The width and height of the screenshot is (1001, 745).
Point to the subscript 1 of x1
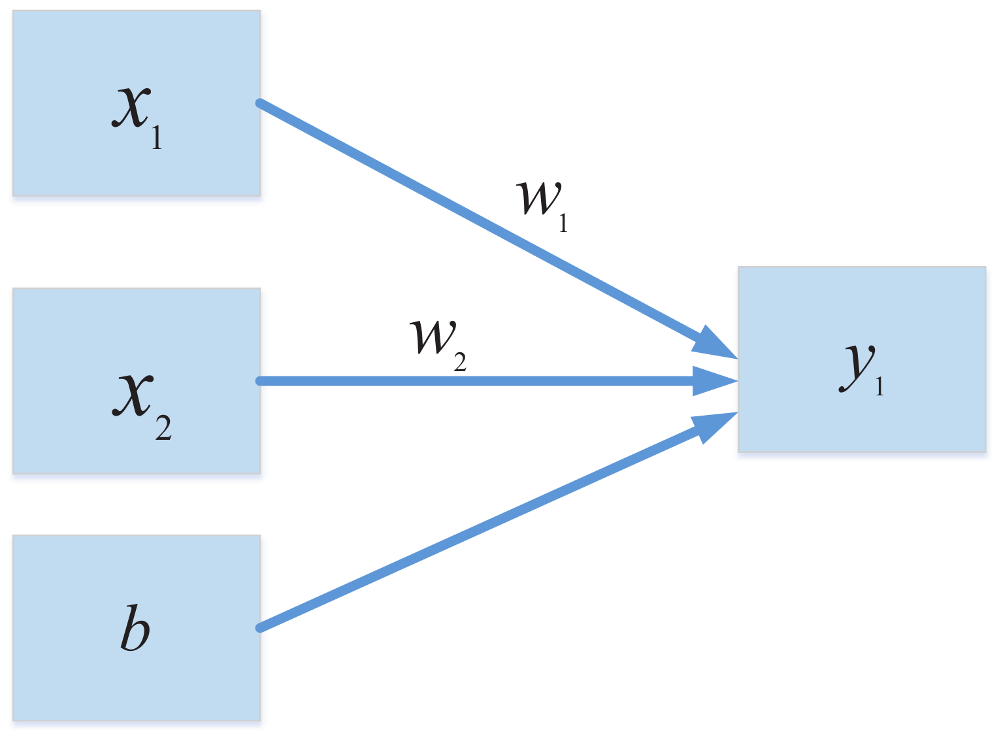coord(157,137)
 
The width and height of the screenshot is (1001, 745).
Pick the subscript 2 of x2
coord(163,428)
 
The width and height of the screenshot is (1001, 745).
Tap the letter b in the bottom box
coord(136,629)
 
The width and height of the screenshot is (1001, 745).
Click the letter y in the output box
coord(856,367)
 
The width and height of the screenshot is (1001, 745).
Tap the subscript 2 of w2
coord(460,361)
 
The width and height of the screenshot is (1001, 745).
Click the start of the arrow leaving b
coord(260,628)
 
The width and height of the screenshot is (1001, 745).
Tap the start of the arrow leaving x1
coord(260,103)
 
